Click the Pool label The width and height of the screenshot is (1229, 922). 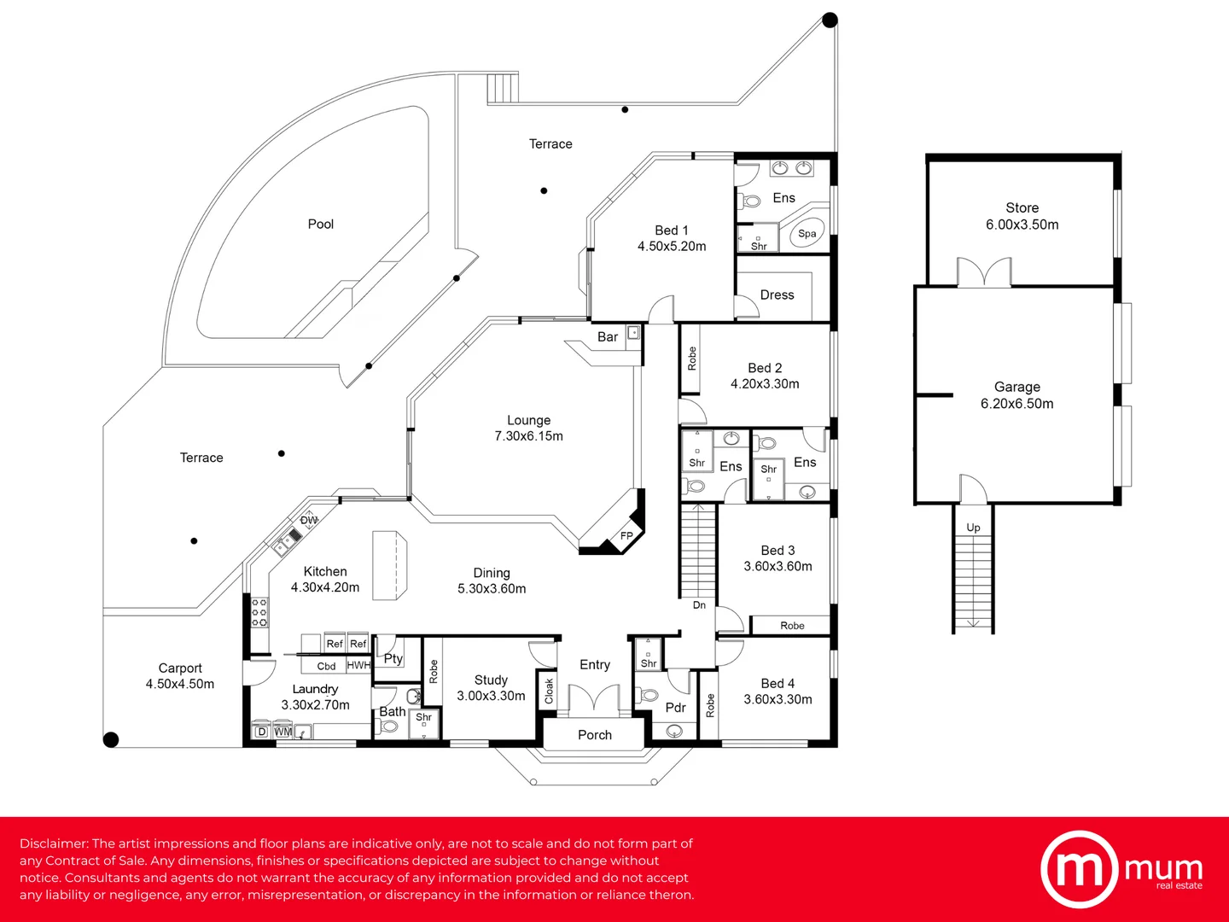tap(320, 224)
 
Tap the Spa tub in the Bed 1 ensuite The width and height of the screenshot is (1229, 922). tap(807, 233)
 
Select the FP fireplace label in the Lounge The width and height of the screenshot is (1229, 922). tap(626, 536)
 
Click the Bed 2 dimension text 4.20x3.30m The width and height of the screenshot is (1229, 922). tap(764, 384)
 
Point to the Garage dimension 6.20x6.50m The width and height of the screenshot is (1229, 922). tap(1016, 404)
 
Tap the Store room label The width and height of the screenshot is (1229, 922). tap(1022, 207)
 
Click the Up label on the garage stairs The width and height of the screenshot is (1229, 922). tap(973, 528)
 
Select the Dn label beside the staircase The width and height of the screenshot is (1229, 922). tap(699, 604)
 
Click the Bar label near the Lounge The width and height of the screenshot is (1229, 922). tap(608, 336)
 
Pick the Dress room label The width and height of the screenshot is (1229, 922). tap(777, 295)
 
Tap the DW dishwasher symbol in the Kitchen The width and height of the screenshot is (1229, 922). tap(308, 520)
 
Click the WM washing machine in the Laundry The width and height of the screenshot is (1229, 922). tap(282, 732)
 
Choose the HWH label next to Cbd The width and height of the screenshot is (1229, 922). tap(358, 665)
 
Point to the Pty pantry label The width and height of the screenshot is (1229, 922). tap(393, 659)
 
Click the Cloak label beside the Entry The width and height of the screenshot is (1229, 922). tap(549, 691)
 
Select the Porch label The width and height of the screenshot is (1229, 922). tap(595, 734)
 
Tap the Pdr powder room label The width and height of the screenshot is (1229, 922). tap(675, 708)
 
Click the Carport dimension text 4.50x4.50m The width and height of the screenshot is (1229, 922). tap(180, 684)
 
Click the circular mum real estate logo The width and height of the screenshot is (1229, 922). tap(1079, 869)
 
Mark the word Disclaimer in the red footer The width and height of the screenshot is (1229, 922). tap(55, 843)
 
